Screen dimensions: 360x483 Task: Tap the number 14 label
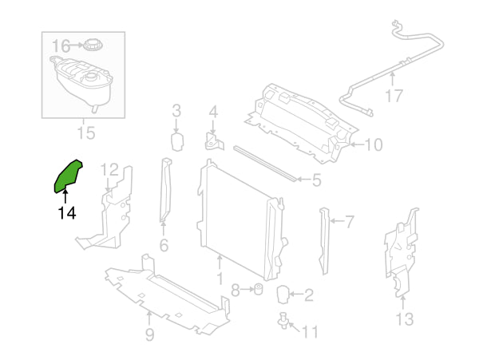click(66, 213)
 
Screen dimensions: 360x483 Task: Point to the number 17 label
click(394, 97)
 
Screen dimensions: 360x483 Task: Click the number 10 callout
click(374, 145)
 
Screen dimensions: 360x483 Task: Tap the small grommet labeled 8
click(258, 287)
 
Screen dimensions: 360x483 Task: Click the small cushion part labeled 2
click(283, 295)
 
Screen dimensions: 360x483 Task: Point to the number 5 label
click(316, 181)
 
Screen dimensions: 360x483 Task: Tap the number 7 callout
click(349, 221)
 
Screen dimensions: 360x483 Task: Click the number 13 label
click(404, 319)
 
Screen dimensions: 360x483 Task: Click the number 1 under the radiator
click(219, 279)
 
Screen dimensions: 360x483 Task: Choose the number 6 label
click(163, 246)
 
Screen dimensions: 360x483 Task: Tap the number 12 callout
click(109, 169)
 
